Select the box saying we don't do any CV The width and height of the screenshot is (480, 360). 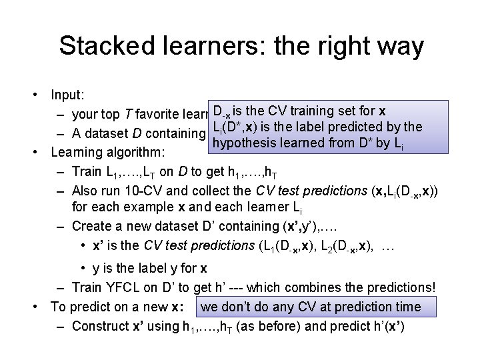click(x=311, y=307)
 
